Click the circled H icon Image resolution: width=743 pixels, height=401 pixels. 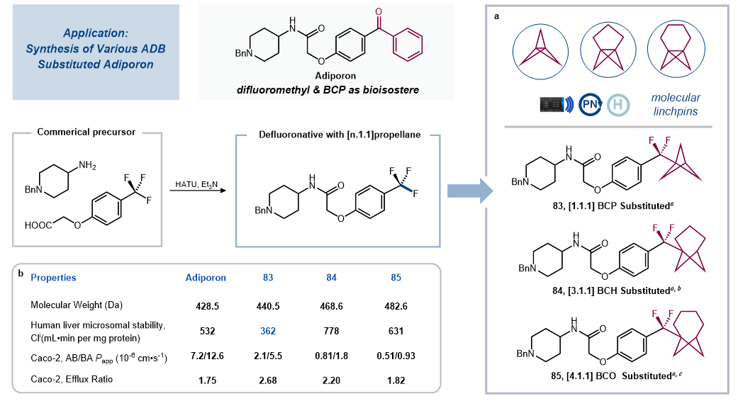tap(619, 103)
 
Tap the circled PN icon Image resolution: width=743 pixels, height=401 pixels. tap(591, 103)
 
